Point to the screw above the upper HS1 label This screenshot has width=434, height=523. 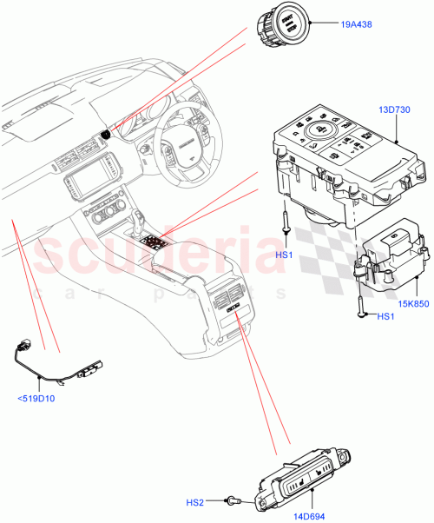click(286, 223)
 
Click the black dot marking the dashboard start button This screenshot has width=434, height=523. click(105, 134)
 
